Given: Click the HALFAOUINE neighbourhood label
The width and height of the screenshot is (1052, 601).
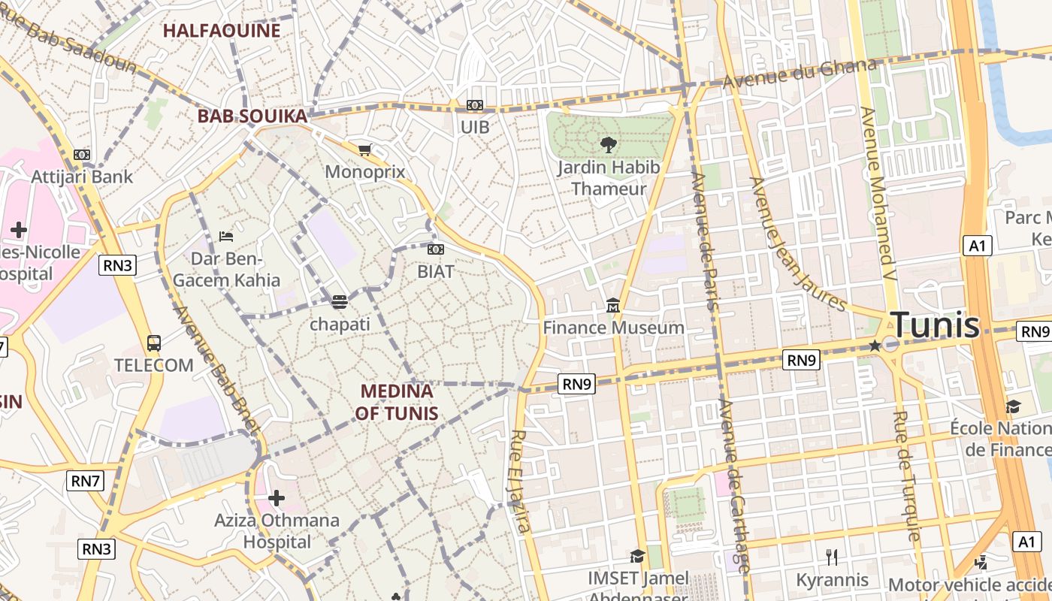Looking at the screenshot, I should click(x=222, y=31).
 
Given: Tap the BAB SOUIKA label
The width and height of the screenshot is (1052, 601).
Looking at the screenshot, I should click(x=252, y=116).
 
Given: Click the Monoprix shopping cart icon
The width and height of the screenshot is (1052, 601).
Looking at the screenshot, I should click(x=365, y=150).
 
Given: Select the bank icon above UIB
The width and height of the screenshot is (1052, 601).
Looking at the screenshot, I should click(x=474, y=105).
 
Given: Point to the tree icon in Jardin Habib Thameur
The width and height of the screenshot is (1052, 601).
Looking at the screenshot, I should click(x=609, y=144).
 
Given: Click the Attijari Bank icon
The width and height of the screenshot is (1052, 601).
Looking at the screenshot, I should click(x=82, y=155).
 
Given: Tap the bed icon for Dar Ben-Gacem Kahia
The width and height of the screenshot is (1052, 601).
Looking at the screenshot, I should click(x=225, y=236).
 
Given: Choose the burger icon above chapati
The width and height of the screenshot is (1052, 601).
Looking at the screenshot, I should click(x=340, y=302).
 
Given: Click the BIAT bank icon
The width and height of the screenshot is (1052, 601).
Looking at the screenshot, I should click(x=435, y=249).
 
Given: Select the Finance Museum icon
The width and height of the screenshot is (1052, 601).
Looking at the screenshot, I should click(x=613, y=306).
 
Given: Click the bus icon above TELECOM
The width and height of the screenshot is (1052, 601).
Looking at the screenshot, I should click(x=153, y=343).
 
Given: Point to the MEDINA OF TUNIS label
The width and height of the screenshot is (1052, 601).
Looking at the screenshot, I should click(x=397, y=402).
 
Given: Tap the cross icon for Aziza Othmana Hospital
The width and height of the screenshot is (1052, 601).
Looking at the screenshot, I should click(x=277, y=497).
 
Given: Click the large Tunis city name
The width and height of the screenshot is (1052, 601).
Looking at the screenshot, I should click(x=936, y=325).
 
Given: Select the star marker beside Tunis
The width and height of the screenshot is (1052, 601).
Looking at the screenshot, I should click(x=875, y=346).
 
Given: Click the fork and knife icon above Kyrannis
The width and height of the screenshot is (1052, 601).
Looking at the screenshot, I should click(x=832, y=557).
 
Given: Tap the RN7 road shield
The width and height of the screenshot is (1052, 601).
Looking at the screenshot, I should click(x=85, y=481).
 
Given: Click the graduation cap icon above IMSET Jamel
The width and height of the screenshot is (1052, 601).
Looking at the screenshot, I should click(x=637, y=556).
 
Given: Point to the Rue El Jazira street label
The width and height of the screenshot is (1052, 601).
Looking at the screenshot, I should click(x=520, y=481).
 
